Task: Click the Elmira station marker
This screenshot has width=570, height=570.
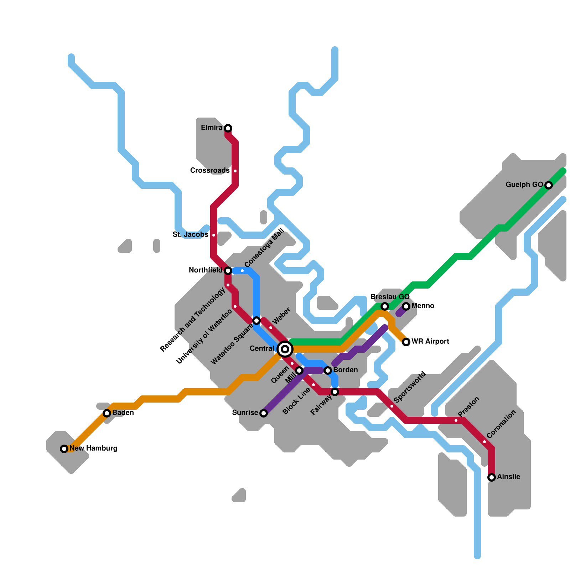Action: [x=228, y=128]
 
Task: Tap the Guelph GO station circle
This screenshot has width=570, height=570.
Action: [x=549, y=185]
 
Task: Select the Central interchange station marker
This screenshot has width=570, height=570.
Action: [x=285, y=349]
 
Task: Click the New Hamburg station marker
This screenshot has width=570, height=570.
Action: [x=64, y=449]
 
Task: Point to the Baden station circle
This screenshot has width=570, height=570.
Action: [x=107, y=413]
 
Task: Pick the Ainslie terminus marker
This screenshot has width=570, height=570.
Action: [x=492, y=477]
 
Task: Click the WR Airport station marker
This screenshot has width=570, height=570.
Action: [x=406, y=342]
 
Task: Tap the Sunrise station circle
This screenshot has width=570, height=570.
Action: [x=264, y=413]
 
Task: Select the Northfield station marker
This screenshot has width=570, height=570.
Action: [x=228, y=271]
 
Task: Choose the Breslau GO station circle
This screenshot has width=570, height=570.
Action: [x=385, y=306]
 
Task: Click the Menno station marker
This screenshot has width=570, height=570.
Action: [x=406, y=306]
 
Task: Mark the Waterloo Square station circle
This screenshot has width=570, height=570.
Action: [x=256, y=321]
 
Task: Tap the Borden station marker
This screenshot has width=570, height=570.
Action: [x=328, y=370]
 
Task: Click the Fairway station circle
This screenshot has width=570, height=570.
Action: [x=335, y=392]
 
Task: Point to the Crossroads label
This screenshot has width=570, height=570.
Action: [x=210, y=171]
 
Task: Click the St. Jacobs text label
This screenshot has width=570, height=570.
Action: [x=190, y=235]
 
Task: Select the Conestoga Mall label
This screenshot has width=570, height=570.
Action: [x=265, y=248]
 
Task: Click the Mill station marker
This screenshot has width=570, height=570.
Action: [x=299, y=370]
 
